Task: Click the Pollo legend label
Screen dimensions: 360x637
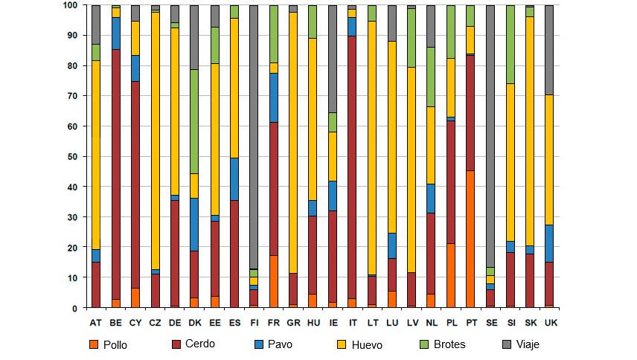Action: tap(116, 344)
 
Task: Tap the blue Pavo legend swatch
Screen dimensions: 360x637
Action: tap(259, 344)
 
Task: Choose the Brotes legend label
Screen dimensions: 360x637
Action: tap(451, 344)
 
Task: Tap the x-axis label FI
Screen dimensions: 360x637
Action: tap(255, 322)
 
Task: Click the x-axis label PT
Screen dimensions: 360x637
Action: tap(470, 322)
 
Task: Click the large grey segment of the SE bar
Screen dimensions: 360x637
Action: tap(490, 134)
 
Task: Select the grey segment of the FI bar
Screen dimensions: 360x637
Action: tap(255, 134)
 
